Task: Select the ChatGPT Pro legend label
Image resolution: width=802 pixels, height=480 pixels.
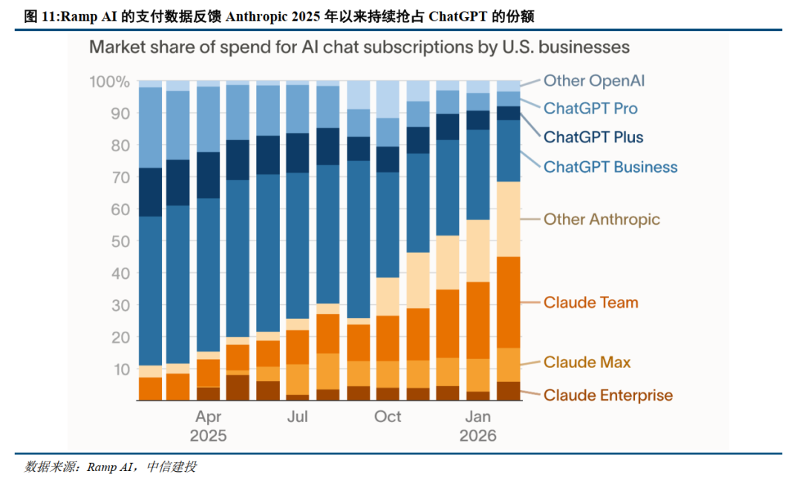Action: [x=590, y=108]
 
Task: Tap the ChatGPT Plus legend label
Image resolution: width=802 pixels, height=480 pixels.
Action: [x=593, y=137]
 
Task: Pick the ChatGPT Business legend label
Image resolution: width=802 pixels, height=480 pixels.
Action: [x=610, y=167]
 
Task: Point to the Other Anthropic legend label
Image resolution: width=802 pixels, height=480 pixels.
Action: [x=601, y=219]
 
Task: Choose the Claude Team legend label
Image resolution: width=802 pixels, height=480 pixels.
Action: [x=590, y=303]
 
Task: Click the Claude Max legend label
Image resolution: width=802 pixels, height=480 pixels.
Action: [x=587, y=362]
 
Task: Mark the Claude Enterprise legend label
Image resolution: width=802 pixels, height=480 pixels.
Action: [x=607, y=395]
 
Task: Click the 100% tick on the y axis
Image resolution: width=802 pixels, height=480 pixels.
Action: [x=110, y=82]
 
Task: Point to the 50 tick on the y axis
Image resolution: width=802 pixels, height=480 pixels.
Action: [x=121, y=241]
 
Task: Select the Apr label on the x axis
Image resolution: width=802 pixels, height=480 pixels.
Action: [x=209, y=417]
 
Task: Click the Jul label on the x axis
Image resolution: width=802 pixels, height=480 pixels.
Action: [x=297, y=417]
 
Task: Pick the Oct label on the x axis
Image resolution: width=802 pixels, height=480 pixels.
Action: [x=388, y=417]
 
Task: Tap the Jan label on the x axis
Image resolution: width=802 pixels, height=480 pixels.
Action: [x=477, y=417]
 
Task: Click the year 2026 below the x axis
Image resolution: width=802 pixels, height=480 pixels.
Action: [x=477, y=435]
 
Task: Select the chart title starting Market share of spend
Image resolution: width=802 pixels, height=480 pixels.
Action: [x=359, y=47]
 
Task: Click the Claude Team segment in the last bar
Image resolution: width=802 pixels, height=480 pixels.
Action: [x=508, y=302]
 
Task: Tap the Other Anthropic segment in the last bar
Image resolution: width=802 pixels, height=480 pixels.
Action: [x=508, y=219]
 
